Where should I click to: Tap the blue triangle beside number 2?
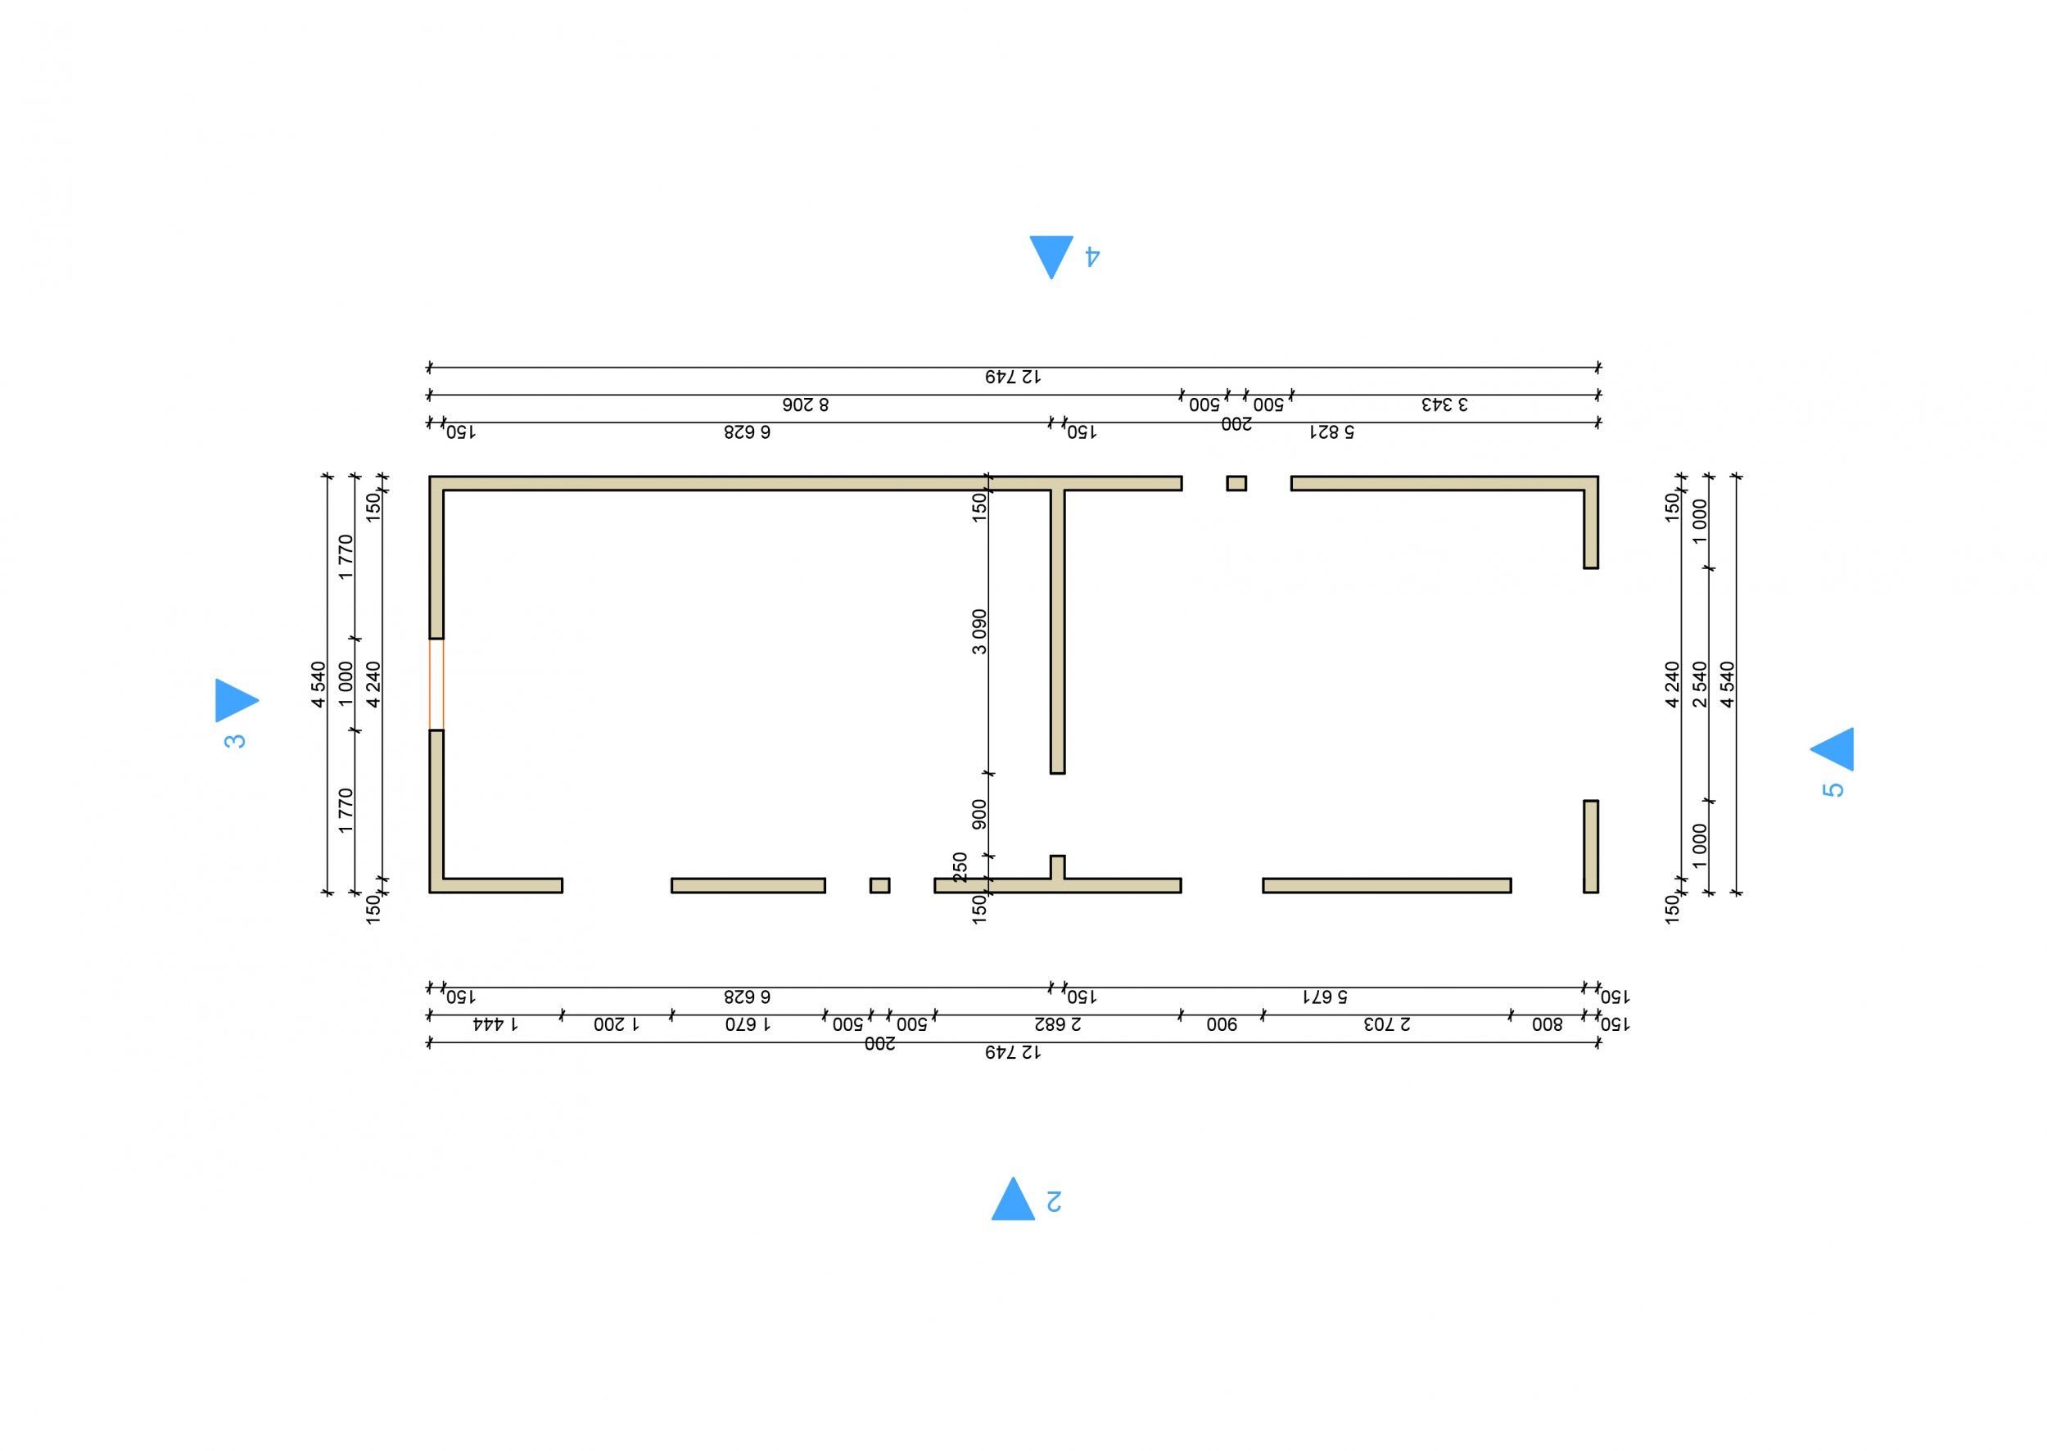1012,1202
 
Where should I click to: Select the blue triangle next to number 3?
233,700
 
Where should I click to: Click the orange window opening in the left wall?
436,685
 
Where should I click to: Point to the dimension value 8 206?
805,405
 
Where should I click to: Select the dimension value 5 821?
1331,432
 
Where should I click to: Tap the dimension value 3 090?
979,631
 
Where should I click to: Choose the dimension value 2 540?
1700,685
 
